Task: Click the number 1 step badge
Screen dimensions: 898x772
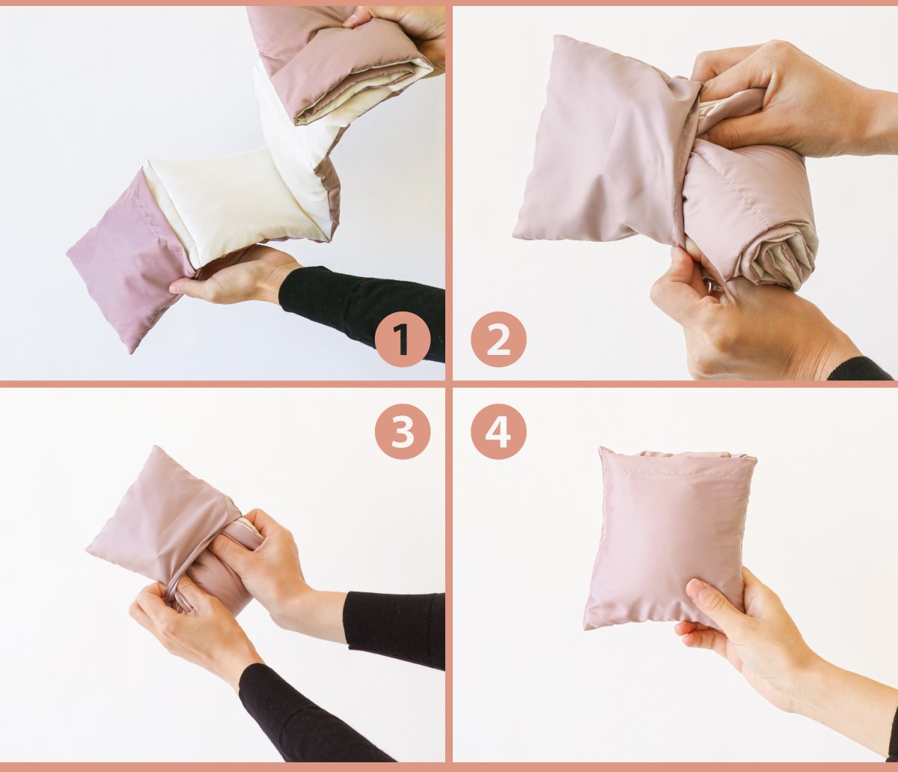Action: point(403,339)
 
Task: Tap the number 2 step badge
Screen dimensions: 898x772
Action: point(498,339)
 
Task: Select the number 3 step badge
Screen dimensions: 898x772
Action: point(403,431)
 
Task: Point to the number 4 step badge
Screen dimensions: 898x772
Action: point(498,431)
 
